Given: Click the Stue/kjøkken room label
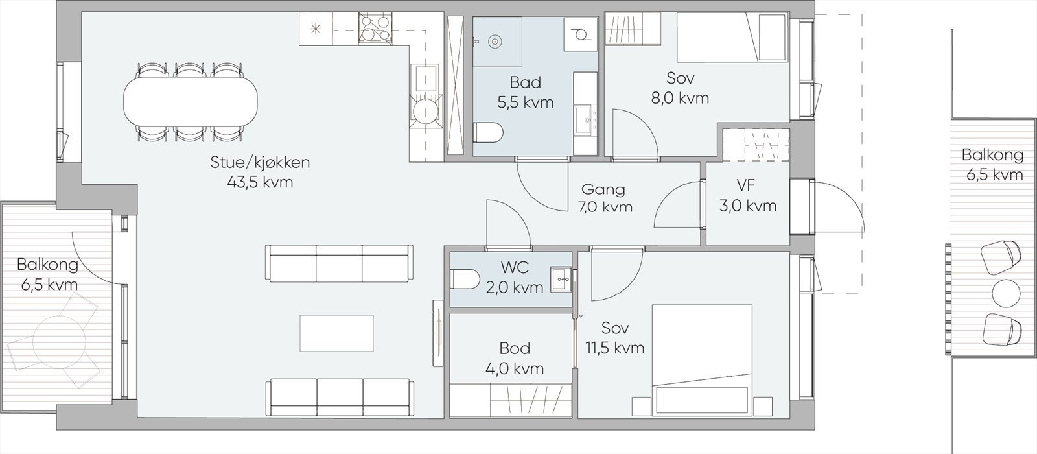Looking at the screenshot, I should [x=260, y=162].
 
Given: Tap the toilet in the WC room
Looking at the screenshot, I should [x=464, y=280].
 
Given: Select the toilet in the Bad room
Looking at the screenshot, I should [x=488, y=133].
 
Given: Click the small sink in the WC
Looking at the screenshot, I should [x=561, y=280].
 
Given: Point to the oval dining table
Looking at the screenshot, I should [x=189, y=102].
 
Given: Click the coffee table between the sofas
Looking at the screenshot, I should [x=336, y=333].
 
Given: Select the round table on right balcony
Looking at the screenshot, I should [x=1006, y=293].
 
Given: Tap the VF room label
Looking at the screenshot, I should [x=746, y=185].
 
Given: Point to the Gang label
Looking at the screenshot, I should [x=603, y=189].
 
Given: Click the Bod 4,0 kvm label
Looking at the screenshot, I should [x=515, y=359].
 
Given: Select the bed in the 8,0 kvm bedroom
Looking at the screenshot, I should [x=733, y=38].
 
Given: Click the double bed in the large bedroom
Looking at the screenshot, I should [x=702, y=360].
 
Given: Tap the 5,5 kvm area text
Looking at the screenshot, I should [x=526, y=102].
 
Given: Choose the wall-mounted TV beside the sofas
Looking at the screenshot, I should [x=437, y=333].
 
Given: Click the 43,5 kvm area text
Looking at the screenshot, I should [x=260, y=183].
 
